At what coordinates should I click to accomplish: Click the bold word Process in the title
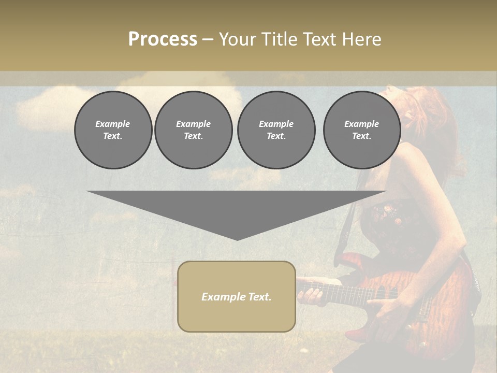coord(163,39)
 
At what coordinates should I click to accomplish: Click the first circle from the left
coord(113,130)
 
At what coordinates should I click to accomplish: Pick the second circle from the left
coord(193,130)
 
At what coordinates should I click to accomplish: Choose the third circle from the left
coord(276,130)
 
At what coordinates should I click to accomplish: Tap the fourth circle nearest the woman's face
coord(361,130)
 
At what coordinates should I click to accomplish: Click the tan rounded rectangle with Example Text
coord(237,296)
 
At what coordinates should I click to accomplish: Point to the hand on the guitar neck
coord(311,295)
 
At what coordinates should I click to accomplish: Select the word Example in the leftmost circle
coord(113,124)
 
